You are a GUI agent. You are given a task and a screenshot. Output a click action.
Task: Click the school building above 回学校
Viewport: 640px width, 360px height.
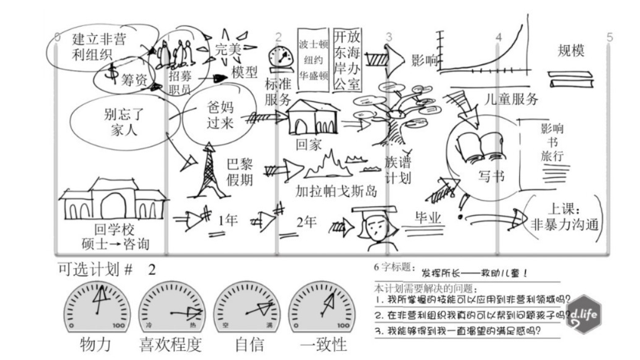(x=102, y=201)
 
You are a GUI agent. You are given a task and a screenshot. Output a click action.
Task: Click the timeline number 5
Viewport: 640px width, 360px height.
(x=610, y=37)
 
